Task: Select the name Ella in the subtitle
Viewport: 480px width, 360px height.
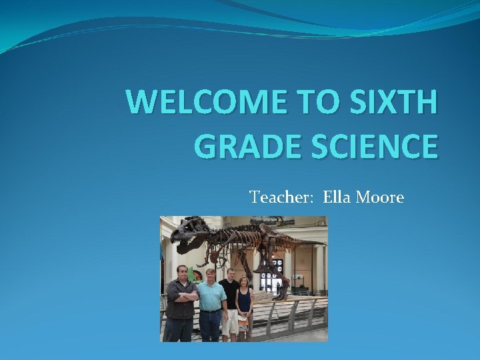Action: (x=337, y=197)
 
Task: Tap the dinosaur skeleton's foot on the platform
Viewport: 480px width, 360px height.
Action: (x=280, y=293)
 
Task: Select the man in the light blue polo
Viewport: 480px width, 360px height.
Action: (x=211, y=300)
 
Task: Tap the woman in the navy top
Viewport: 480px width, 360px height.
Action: (x=244, y=303)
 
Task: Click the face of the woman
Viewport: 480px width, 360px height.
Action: (x=244, y=282)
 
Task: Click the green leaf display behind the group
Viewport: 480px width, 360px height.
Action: (x=193, y=274)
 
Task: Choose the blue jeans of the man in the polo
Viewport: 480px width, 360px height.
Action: (x=211, y=327)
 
